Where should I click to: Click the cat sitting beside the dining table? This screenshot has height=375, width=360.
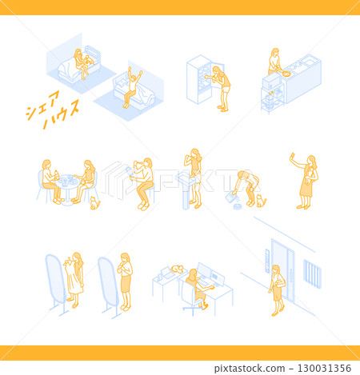pyautogui.click(x=94, y=203)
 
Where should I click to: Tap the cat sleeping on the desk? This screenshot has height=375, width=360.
pyautogui.click(x=177, y=269)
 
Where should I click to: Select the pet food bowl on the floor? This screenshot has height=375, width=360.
pyautogui.click(x=237, y=206)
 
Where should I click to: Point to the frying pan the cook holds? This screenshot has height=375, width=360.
pyautogui.click(x=285, y=74)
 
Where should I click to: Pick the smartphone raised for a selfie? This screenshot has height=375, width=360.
pyautogui.click(x=293, y=154)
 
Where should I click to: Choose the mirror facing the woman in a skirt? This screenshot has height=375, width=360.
pyautogui.click(x=109, y=282)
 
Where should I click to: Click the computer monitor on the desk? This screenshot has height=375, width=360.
pyautogui.click(x=204, y=270)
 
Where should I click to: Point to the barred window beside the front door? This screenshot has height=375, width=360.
pyautogui.click(x=312, y=274)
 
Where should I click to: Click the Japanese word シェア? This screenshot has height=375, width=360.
pyautogui.click(x=42, y=105)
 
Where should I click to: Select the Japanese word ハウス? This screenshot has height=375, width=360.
pyautogui.click(x=61, y=114)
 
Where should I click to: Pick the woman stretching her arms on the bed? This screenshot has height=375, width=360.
pyautogui.click(x=132, y=87)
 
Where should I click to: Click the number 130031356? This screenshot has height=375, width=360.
pyautogui.click(x=324, y=369)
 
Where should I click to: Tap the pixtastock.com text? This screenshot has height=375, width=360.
pyautogui.click(x=250, y=369)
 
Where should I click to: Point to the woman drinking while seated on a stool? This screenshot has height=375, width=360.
pyautogui.click(x=142, y=184)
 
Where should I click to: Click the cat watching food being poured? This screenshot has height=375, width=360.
pyautogui.click(x=261, y=201)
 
